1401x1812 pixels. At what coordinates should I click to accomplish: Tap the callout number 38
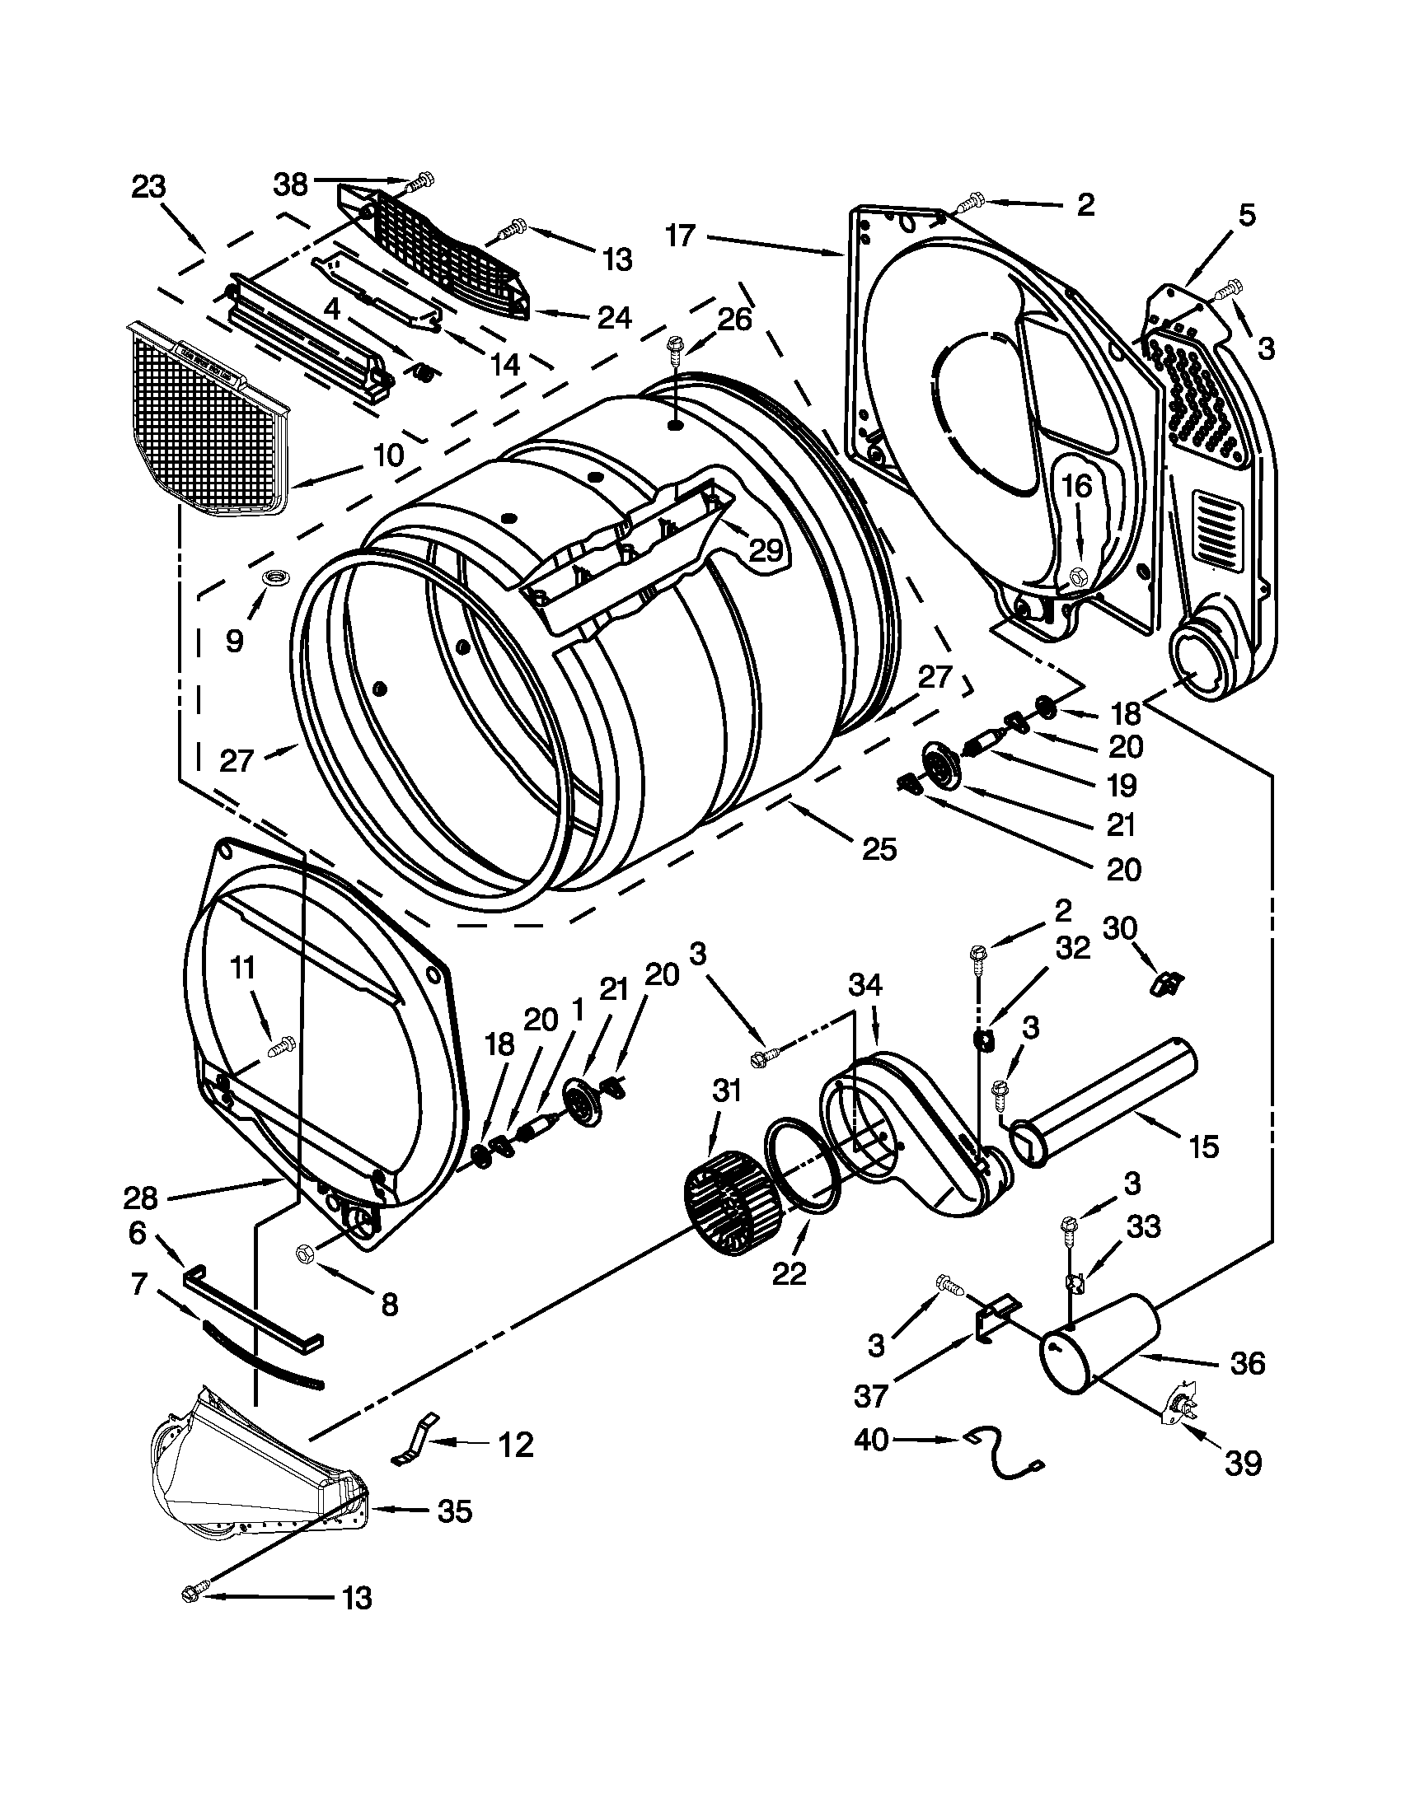click(290, 184)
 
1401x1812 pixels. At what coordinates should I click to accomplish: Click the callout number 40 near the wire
click(871, 1441)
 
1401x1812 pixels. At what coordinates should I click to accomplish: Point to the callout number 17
click(679, 236)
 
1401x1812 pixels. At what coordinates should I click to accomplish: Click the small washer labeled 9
click(271, 577)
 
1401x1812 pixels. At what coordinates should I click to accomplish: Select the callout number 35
click(455, 1511)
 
